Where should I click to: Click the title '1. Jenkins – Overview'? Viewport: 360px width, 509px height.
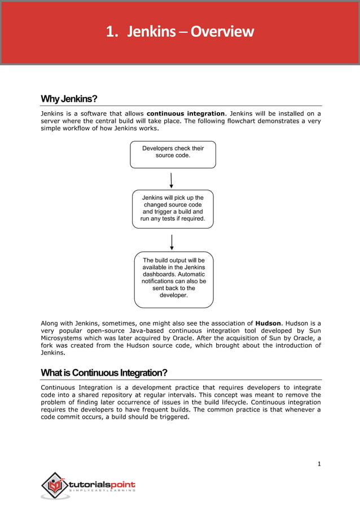click(180, 32)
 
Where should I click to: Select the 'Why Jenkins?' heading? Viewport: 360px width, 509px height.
click(69, 99)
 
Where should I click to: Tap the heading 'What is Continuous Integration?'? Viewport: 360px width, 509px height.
click(104, 373)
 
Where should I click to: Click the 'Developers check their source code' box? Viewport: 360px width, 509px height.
click(173, 154)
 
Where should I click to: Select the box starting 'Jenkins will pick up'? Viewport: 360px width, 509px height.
click(173, 208)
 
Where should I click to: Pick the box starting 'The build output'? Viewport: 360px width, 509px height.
click(174, 279)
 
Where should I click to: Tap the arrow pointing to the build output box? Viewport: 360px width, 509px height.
click(172, 242)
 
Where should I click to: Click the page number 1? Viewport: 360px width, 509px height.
click(319, 464)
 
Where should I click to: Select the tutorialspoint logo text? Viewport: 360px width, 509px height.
click(102, 484)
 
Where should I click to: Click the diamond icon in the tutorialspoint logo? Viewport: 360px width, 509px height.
click(54, 485)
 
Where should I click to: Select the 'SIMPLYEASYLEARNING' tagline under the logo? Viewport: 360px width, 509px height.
click(102, 490)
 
